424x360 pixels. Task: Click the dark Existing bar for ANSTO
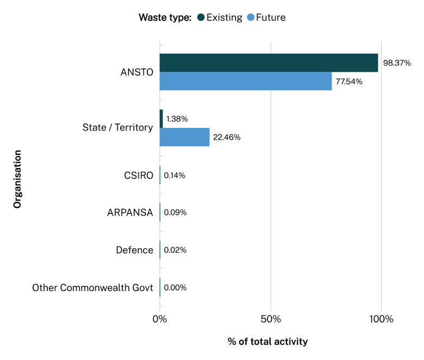click(x=269, y=63)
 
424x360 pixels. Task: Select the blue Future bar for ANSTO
click(x=245, y=81)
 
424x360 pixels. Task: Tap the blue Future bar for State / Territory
click(x=184, y=137)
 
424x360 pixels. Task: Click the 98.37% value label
click(x=397, y=63)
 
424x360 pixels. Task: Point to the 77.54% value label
click(x=349, y=82)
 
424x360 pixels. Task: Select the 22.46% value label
click(x=227, y=138)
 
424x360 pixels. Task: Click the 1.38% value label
click(x=177, y=119)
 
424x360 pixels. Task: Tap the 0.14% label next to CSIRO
click(x=174, y=175)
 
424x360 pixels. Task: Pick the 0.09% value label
click(x=175, y=213)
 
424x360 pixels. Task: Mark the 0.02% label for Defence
click(x=175, y=250)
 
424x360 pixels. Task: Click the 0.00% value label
click(x=175, y=288)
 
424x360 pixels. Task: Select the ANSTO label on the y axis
click(x=137, y=72)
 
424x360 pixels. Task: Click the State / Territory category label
click(x=117, y=128)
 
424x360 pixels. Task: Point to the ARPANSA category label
click(x=130, y=213)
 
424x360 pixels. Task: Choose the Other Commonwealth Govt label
click(x=92, y=288)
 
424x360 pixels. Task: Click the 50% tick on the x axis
click(x=271, y=319)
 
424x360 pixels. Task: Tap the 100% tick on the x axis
click(x=381, y=319)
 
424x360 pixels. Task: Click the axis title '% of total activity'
click(x=267, y=342)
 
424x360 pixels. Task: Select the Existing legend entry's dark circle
click(x=201, y=17)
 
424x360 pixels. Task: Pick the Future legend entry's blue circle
click(x=251, y=17)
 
